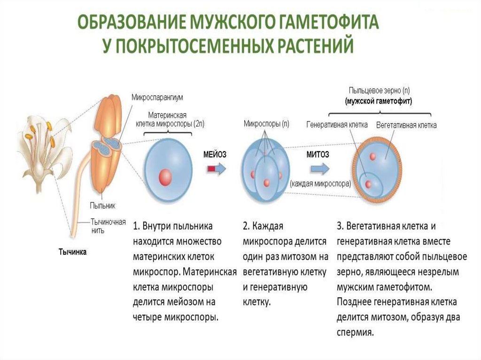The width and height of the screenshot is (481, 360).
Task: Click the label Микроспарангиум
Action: (157, 97)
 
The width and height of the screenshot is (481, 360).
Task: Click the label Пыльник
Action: (102, 205)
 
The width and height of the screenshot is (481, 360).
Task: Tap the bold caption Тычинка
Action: (73, 252)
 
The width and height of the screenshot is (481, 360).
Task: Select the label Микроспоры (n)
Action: (266, 124)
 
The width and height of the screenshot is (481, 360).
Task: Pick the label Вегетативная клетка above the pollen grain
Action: (406, 125)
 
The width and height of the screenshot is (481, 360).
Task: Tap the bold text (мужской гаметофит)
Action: (378, 101)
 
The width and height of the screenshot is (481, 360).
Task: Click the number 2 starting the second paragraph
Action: (246, 226)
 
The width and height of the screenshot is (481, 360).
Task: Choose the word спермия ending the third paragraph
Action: (355, 332)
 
